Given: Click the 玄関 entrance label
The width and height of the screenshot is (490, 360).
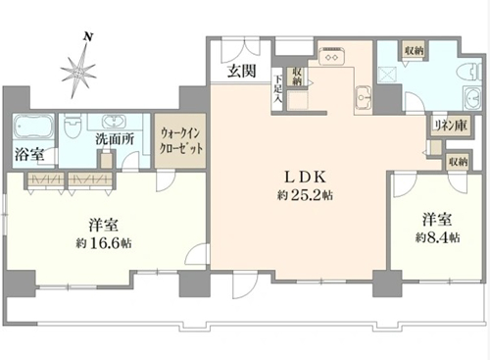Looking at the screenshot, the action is click(242, 71).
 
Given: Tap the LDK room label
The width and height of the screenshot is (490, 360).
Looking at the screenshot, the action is click(306, 178).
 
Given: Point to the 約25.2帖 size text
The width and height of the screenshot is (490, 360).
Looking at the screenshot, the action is click(306, 195).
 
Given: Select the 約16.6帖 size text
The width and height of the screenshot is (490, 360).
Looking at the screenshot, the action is click(104, 243).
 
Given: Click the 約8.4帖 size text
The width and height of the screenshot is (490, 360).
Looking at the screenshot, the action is click(438, 237).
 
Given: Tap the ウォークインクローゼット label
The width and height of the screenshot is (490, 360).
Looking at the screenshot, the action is click(180, 141).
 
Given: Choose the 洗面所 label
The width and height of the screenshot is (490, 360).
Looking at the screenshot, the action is click(115, 139).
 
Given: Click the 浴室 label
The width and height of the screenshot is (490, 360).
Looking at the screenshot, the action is click(29, 154).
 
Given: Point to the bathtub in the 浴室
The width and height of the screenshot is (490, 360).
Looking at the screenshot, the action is click(33, 126).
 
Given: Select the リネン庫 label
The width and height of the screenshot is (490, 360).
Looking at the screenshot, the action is click(451, 126).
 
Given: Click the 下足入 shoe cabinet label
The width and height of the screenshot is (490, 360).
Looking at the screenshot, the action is click(277, 89).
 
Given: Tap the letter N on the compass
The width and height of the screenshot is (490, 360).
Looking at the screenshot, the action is click(87, 36).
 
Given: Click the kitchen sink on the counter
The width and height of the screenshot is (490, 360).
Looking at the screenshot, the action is click(363, 97).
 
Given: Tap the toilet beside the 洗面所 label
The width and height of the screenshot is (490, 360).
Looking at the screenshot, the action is click(71, 127).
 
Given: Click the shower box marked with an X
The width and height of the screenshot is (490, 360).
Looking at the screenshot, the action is click(387, 76).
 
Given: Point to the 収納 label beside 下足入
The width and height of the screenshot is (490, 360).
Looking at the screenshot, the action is click(296, 77).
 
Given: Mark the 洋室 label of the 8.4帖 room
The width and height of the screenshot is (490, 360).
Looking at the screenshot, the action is click(437, 219).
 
